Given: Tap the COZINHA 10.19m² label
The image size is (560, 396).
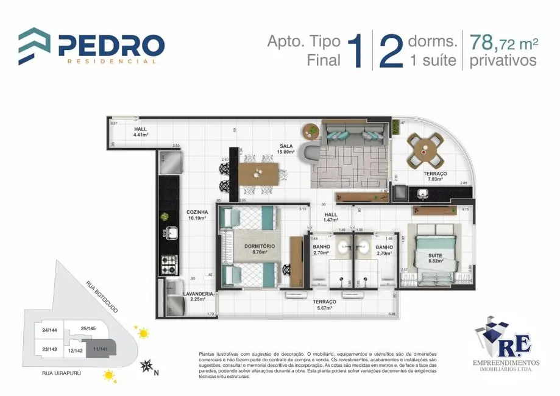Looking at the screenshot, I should coord(197,214).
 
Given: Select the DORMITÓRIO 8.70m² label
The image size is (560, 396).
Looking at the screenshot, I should coord(260,248).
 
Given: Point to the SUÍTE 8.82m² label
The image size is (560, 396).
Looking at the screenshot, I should coord(435,258).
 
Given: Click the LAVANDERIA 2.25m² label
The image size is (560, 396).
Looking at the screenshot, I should coord(198,296).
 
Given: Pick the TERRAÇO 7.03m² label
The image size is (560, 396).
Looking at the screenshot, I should coord(435,176).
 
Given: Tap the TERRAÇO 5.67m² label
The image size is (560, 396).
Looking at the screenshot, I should coord(324,305).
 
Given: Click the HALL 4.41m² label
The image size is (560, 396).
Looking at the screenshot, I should coord(141,132).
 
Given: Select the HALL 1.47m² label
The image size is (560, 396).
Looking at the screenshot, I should coord(331,217).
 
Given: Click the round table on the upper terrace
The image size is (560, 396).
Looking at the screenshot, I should coord(425,148).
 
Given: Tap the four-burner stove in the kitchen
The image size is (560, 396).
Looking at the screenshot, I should coord(168,264).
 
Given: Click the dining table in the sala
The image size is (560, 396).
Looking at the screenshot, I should coord(261,174).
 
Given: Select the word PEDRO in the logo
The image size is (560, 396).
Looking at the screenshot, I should coord(112,45).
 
